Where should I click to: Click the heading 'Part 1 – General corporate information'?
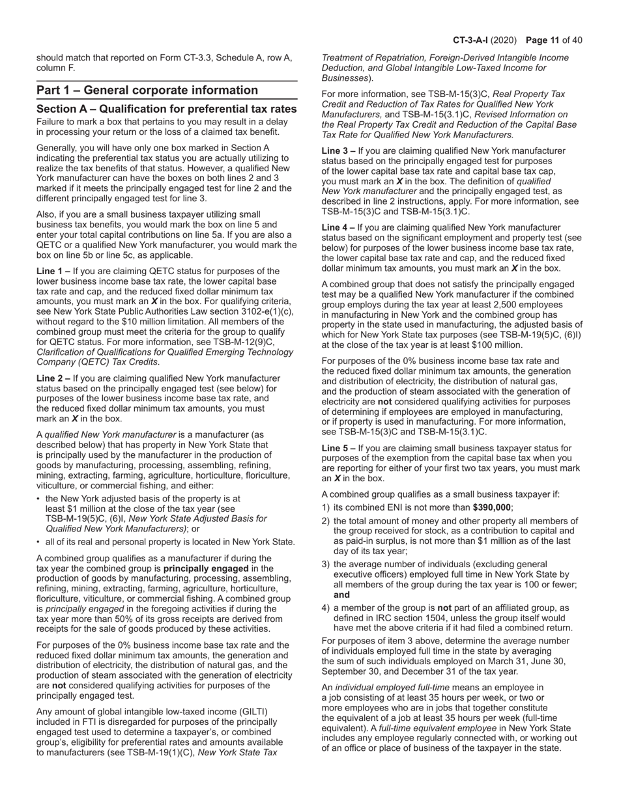[x=147, y=90]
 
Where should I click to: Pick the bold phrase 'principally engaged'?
[x=208, y=568]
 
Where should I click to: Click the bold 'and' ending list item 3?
[x=341, y=595]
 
